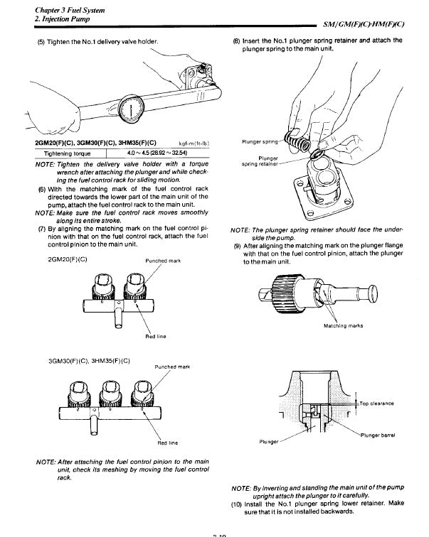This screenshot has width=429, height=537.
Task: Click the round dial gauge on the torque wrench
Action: point(132,108)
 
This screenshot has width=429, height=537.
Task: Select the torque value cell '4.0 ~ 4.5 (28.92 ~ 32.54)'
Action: point(159,153)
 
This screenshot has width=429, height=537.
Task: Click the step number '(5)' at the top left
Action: point(41,41)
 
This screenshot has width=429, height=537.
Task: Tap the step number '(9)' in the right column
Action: point(238,246)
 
